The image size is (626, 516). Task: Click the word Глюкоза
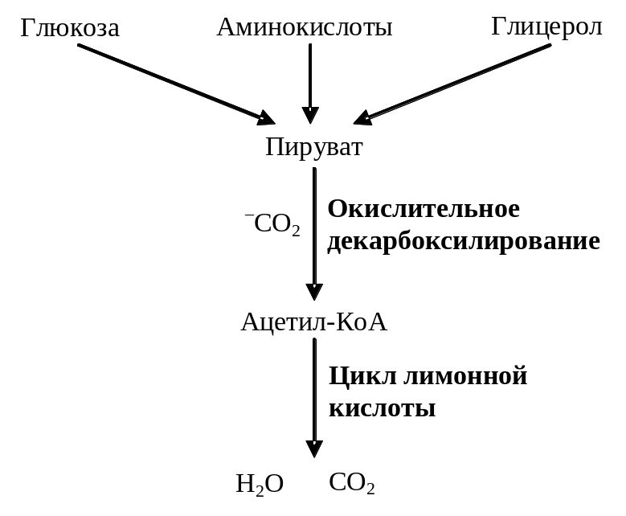click(70, 28)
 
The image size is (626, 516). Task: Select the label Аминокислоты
click(305, 27)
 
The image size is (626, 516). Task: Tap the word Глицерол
click(546, 27)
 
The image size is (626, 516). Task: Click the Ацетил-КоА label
click(314, 322)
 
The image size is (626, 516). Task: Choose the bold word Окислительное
click(423, 209)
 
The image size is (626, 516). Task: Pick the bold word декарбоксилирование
click(464, 241)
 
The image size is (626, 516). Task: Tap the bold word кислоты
click(383, 407)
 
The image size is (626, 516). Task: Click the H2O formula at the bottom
click(260, 484)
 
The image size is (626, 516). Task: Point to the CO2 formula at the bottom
click(352, 483)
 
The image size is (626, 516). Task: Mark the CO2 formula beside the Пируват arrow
click(276, 224)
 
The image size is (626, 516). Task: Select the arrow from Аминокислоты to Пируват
click(310, 80)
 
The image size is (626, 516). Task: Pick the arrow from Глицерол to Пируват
click(455, 83)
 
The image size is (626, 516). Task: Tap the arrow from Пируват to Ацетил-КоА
click(314, 233)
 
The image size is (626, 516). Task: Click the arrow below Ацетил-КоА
click(314, 398)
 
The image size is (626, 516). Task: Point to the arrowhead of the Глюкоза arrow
click(266, 119)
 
